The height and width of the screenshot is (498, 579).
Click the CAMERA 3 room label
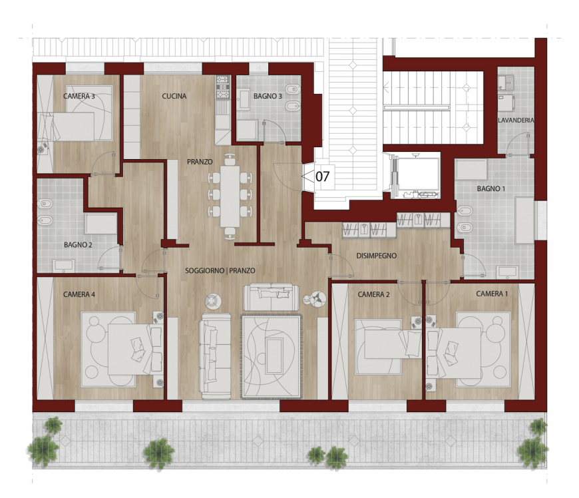tap(79, 97)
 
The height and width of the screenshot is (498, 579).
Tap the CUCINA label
tap(174, 96)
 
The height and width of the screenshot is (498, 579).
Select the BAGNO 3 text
tap(268, 96)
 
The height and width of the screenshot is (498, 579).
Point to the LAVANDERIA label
tap(516, 120)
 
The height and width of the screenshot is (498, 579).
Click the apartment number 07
tap(322, 176)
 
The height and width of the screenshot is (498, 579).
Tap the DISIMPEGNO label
tap(377, 256)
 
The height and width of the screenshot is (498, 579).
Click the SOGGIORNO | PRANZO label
tap(220, 271)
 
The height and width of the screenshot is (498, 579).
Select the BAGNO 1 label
tap(491, 189)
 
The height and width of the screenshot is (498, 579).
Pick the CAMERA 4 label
tap(79, 294)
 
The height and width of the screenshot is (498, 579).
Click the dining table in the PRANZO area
tap(230, 196)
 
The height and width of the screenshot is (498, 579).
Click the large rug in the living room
tap(272, 356)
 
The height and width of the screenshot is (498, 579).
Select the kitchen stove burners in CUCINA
tap(223, 87)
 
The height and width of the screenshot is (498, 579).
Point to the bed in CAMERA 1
tap(454, 353)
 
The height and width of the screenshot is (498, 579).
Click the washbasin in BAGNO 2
tap(63, 266)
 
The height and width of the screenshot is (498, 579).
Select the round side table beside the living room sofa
tap(213, 300)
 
